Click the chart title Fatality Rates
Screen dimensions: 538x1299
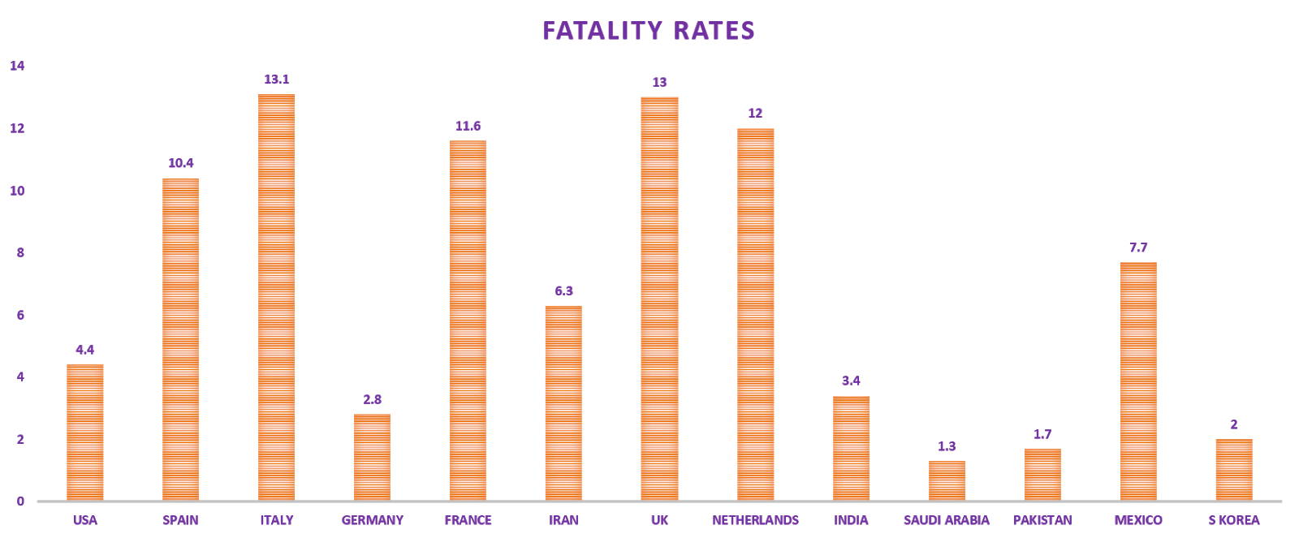649,31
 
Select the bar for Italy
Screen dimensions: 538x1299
276,297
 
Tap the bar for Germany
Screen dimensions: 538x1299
372,457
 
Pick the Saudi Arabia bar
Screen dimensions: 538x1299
947,480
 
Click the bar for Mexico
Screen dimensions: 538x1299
1138,381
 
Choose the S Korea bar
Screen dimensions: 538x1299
1233,469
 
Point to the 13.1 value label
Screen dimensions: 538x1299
276,80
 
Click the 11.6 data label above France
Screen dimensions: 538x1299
468,126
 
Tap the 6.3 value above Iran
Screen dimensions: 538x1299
563,291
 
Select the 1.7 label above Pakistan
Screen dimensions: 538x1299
1042,434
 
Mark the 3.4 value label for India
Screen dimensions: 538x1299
851,381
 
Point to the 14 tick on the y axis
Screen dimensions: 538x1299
17,67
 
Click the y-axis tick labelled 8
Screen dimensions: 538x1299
20,253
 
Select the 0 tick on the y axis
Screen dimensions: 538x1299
20,501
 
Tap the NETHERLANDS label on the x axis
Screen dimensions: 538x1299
755,520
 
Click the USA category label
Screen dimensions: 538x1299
84,520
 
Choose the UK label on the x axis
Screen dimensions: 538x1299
659,520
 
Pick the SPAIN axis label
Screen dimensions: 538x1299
180,520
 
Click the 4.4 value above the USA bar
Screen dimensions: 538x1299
84,350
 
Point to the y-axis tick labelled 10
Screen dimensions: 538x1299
17,191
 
